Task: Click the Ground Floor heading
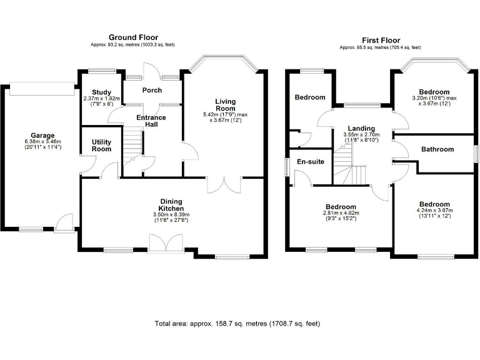(x=133, y=37)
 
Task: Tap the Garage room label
(x=43, y=135)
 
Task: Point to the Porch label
(x=152, y=90)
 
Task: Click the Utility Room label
(x=101, y=146)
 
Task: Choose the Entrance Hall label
(x=151, y=121)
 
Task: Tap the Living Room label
(x=225, y=105)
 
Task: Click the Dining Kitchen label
(x=170, y=204)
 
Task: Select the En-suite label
(x=310, y=162)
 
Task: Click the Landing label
(x=362, y=128)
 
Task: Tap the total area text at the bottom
(x=237, y=324)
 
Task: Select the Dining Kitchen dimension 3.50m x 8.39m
(x=170, y=216)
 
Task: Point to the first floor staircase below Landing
(x=349, y=169)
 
